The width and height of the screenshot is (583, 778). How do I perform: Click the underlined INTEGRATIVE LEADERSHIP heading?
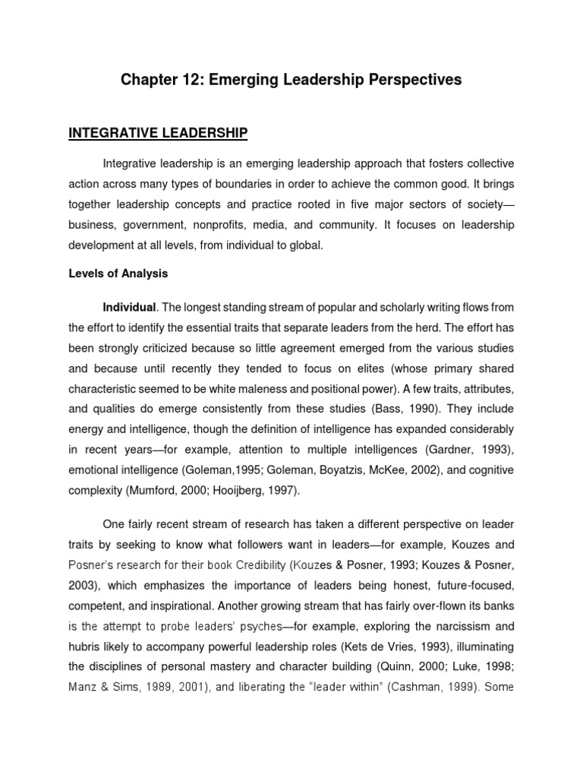pos(158,134)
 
